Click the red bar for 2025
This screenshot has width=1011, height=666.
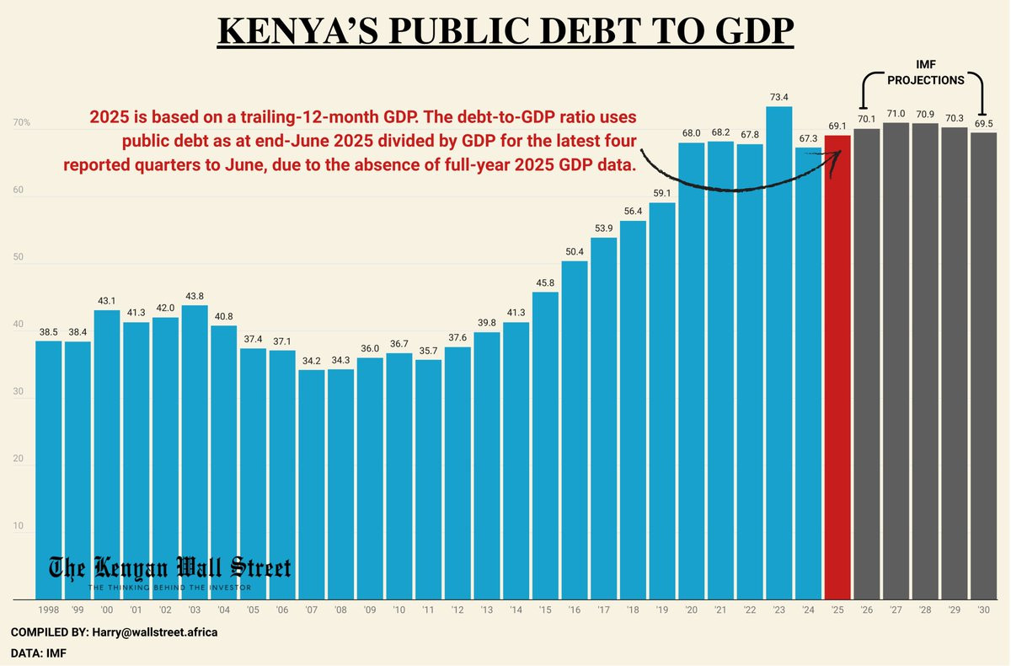(x=837, y=367)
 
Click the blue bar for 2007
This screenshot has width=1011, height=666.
(x=312, y=485)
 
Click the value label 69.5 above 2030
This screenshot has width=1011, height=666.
(x=983, y=123)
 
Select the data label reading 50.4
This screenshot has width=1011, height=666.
(x=575, y=251)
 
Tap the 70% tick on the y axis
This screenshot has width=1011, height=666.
(x=21, y=124)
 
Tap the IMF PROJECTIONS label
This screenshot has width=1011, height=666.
(x=926, y=73)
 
